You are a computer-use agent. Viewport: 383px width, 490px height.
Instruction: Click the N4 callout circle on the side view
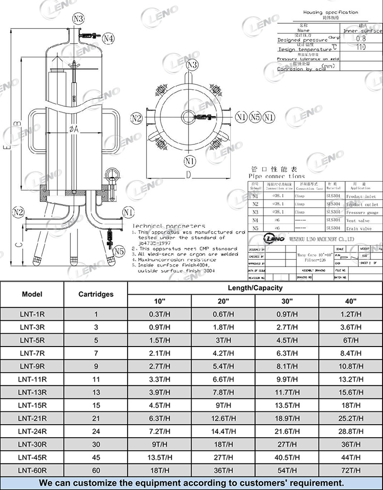(108, 38)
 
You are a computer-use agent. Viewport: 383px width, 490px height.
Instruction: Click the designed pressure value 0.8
(361, 39)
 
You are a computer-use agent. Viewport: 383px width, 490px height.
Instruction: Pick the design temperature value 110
(361, 47)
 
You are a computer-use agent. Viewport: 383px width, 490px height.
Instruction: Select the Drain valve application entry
(358, 228)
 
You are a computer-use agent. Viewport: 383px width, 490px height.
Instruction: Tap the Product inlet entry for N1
(361, 197)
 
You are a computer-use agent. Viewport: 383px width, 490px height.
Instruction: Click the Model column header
(32, 294)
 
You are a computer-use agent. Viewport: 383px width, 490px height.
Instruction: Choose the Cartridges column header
(96, 294)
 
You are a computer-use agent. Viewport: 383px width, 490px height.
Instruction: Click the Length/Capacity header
(255, 287)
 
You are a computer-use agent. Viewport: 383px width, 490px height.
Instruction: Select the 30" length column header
(287, 301)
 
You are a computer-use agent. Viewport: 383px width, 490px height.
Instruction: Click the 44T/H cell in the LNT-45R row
(351, 457)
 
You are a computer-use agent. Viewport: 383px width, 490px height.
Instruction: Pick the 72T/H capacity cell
(351, 470)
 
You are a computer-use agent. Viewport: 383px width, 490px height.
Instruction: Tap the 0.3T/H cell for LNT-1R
(160, 314)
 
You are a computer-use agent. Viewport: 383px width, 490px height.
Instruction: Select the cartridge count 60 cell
(96, 470)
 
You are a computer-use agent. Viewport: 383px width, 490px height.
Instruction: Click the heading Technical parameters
(169, 226)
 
